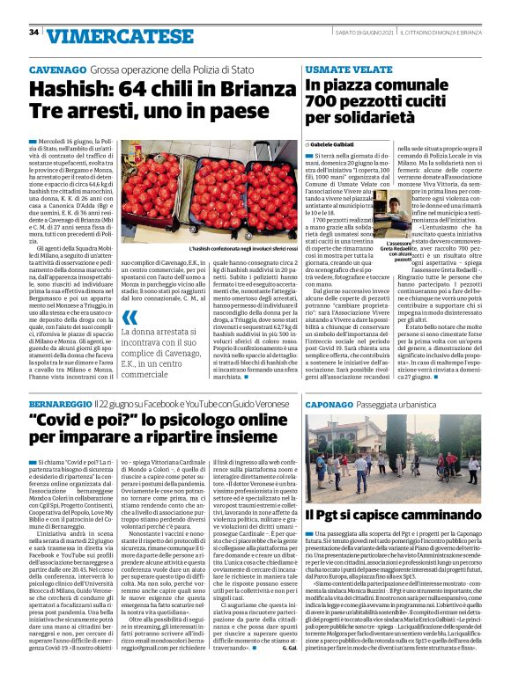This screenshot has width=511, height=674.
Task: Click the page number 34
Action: coord(33,32)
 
